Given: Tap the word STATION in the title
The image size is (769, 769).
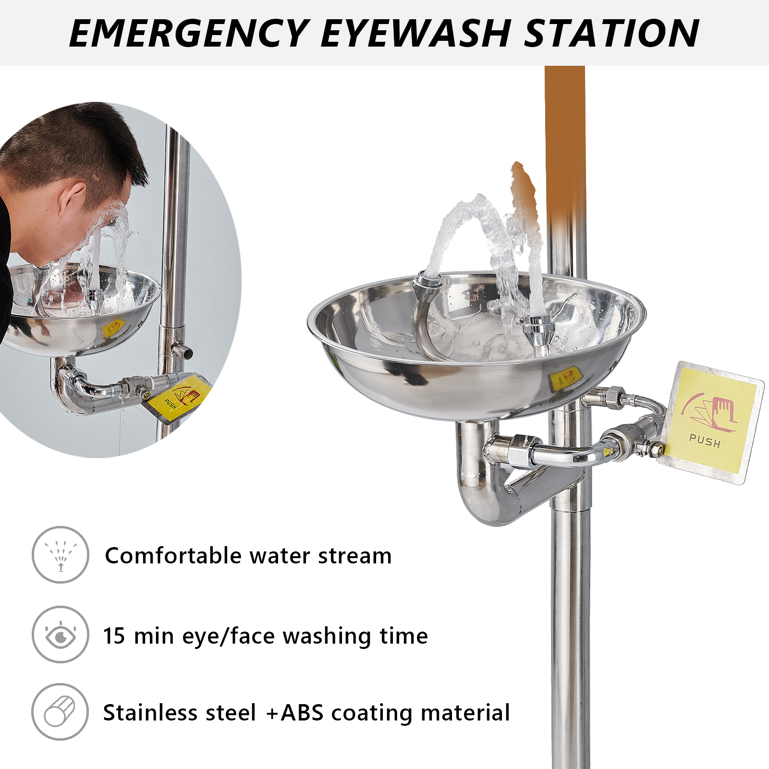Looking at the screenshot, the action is pyautogui.click(x=611, y=33).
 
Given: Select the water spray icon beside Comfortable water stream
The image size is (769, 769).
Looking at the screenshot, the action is pyautogui.click(x=61, y=555).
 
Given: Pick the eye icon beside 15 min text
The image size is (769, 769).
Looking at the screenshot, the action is pyautogui.click(x=61, y=635).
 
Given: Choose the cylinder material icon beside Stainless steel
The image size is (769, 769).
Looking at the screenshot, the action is pyautogui.click(x=60, y=712).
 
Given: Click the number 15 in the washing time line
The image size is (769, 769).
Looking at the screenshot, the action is pyautogui.click(x=114, y=636).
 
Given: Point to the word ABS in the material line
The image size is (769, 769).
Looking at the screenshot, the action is pyautogui.click(x=302, y=713).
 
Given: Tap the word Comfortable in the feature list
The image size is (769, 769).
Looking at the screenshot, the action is pyautogui.click(x=173, y=556).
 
